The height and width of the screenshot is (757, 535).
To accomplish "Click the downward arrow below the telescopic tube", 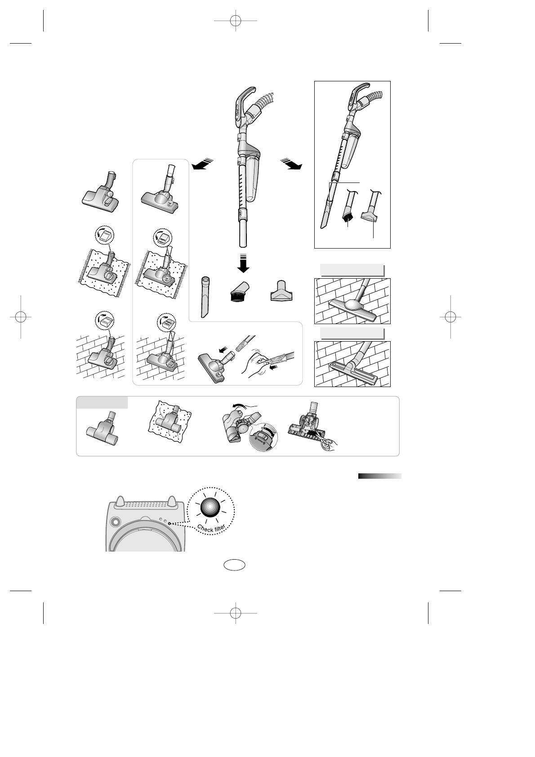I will tap(244, 263).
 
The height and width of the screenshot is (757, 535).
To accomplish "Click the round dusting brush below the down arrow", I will tap(238, 293).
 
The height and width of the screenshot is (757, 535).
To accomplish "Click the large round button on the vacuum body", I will tap(115, 522).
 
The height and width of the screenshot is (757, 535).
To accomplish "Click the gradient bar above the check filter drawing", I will tap(379, 476).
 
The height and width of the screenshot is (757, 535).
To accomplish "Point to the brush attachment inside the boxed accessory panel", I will tap(348, 211).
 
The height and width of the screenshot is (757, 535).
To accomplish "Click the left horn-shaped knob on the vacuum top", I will tap(120, 500).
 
